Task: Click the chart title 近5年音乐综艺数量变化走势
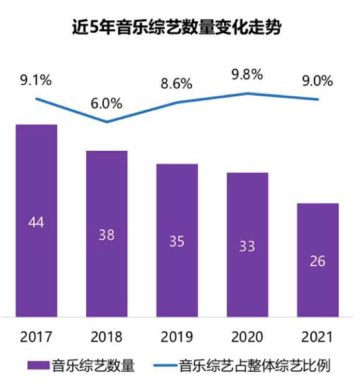177,28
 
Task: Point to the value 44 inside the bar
36,222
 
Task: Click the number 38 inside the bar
106,235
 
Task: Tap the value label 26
317,261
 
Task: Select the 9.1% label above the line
36,81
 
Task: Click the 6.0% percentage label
106,103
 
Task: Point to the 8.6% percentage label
177,83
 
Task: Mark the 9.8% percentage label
247,74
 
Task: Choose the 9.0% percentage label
317,81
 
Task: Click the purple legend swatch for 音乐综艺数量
37,366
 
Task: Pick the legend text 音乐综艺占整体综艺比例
254,366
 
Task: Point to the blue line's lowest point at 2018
106,122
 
